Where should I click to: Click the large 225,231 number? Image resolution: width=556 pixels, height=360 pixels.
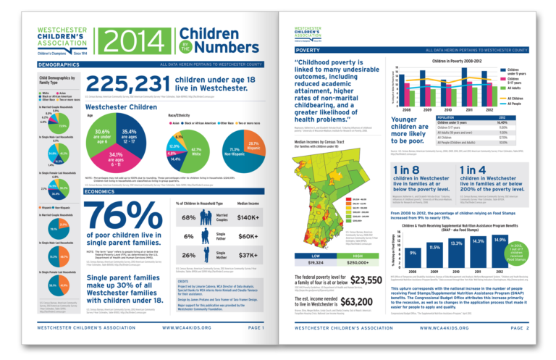point(126,83)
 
